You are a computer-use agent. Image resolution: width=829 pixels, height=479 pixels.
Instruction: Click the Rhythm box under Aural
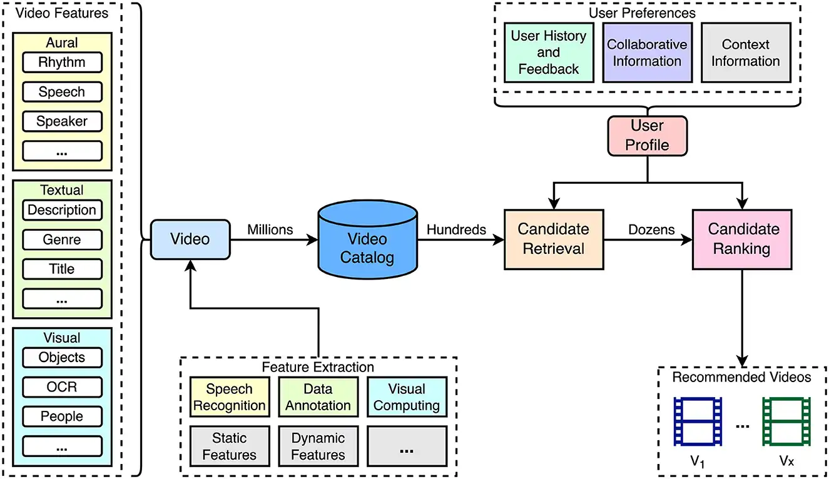pos(62,63)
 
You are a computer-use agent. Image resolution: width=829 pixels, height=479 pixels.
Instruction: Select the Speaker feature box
pos(62,121)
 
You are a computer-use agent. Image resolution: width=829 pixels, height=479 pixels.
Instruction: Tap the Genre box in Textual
pos(62,239)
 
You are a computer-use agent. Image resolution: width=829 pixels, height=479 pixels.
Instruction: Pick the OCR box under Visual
pos(62,386)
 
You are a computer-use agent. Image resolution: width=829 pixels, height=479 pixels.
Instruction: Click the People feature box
pos(62,416)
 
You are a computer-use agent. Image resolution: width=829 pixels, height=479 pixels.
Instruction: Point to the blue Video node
pos(190,239)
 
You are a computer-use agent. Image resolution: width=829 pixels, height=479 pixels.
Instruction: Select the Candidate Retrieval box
pos(554,239)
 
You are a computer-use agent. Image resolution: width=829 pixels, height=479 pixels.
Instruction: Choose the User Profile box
pos(647,136)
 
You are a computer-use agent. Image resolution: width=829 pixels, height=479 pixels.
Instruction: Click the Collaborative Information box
pos(647,53)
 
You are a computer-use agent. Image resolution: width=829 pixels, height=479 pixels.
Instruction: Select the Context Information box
pos(745,53)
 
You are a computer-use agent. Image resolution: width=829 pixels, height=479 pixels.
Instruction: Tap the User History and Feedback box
pos(549,53)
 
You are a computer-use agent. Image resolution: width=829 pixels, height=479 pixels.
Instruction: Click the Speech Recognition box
pos(230,397)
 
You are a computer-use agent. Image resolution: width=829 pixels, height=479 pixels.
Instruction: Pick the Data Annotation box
pos(318,397)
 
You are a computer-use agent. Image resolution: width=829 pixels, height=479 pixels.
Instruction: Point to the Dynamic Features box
pos(318,446)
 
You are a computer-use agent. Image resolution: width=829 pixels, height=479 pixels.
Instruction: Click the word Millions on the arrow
pos(270,229)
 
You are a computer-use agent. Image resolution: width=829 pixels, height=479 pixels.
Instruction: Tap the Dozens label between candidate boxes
pos(651,229)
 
